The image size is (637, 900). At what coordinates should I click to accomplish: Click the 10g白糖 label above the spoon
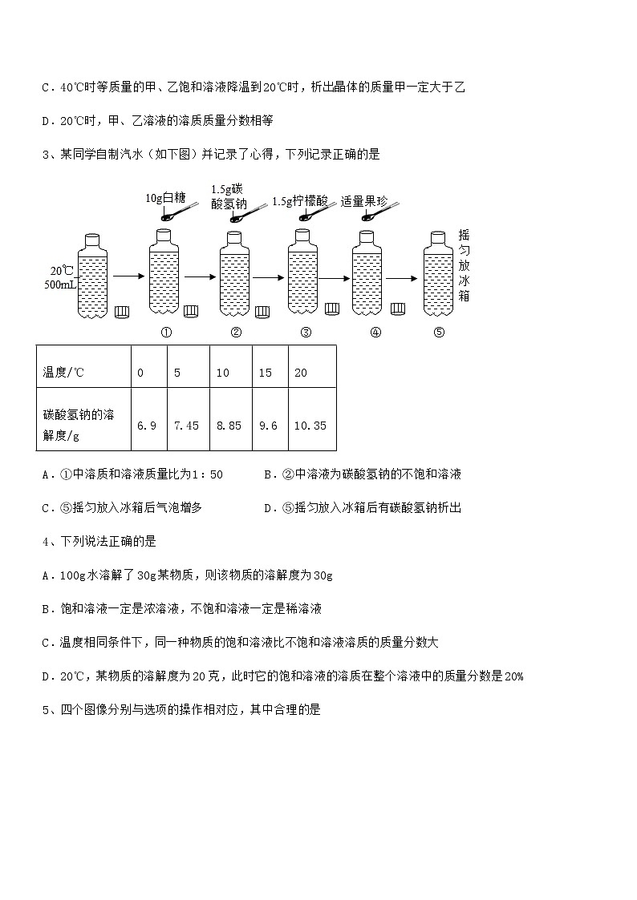[166, 197]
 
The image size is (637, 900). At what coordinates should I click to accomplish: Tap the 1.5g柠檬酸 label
[300, 201]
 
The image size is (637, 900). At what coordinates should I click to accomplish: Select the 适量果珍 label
[364, 201]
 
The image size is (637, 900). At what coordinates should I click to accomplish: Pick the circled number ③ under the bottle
[306, 333]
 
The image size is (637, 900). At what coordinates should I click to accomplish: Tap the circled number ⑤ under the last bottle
[438, 333]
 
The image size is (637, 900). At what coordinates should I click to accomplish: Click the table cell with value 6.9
[146, 426]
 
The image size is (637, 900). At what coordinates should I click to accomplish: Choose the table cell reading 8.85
[229, 426]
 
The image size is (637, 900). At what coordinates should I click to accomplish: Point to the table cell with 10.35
[310, 426]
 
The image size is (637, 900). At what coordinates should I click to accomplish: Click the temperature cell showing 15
[266, 373]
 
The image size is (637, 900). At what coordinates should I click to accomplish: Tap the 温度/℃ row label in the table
[63, 373]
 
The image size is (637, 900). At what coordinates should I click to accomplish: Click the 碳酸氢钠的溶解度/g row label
[79, 426]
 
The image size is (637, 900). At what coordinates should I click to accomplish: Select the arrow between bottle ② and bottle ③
[267, 277]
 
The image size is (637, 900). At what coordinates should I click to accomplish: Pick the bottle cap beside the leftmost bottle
[122, 312]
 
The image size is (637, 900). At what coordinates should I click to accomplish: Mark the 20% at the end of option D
[513, 676]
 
